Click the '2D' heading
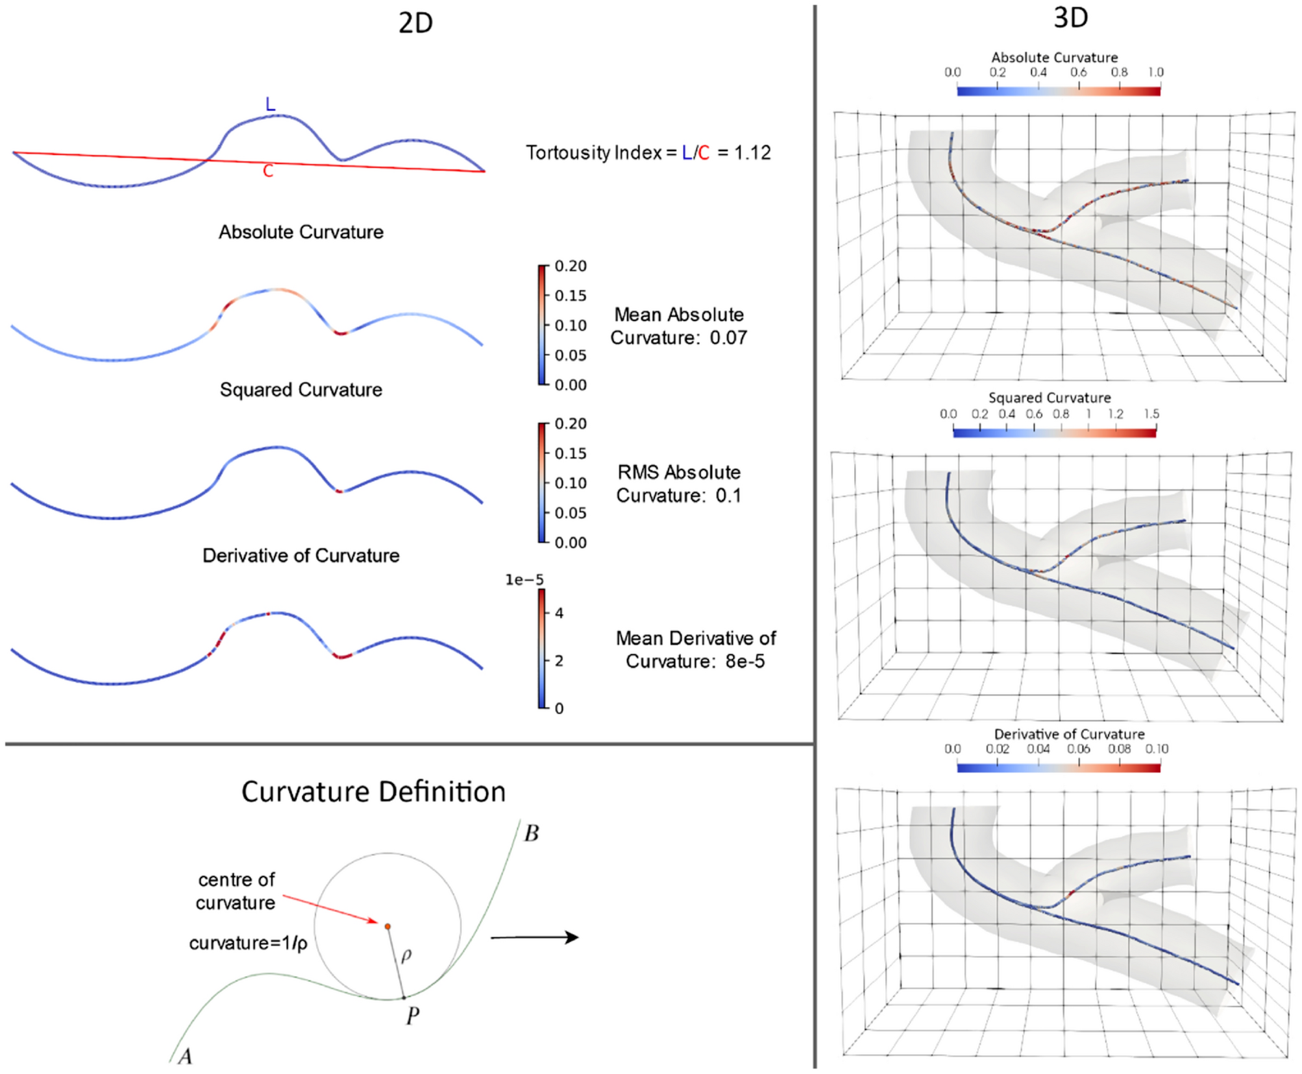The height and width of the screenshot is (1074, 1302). pos(415,23)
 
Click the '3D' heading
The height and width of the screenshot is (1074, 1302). pos(1070,18)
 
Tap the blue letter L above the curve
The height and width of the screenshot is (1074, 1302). pos(270,104)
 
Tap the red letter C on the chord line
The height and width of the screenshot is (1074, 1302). pos(268,171)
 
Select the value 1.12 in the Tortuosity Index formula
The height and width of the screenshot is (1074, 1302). pos(752,153)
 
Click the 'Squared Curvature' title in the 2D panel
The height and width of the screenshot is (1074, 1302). pos(301,390)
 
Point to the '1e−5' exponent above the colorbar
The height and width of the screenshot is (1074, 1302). pos(524,580)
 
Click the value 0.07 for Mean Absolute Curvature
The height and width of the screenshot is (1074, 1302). pos(728,338)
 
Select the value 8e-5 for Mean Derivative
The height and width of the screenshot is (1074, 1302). pos(744,662)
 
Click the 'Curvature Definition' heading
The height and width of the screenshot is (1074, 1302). pos(373,793)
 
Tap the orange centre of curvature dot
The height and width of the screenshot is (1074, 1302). pos(387,927)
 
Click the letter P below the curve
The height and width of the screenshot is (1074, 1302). pos(412,1016)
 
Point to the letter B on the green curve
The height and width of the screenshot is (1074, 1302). pos(532,833)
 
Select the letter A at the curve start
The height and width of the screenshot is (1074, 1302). pos(185,1056)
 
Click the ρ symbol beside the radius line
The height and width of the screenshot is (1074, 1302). pos(406,956)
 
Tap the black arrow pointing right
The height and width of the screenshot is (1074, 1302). pos(535,937)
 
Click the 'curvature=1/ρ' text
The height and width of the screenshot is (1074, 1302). pos(248,943)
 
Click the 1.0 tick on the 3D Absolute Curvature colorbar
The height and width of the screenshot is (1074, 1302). pos(1155,73)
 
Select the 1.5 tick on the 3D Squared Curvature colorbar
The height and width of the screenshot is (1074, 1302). pos(1151,414)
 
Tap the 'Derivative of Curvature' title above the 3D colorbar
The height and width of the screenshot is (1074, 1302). pos(1069,734)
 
